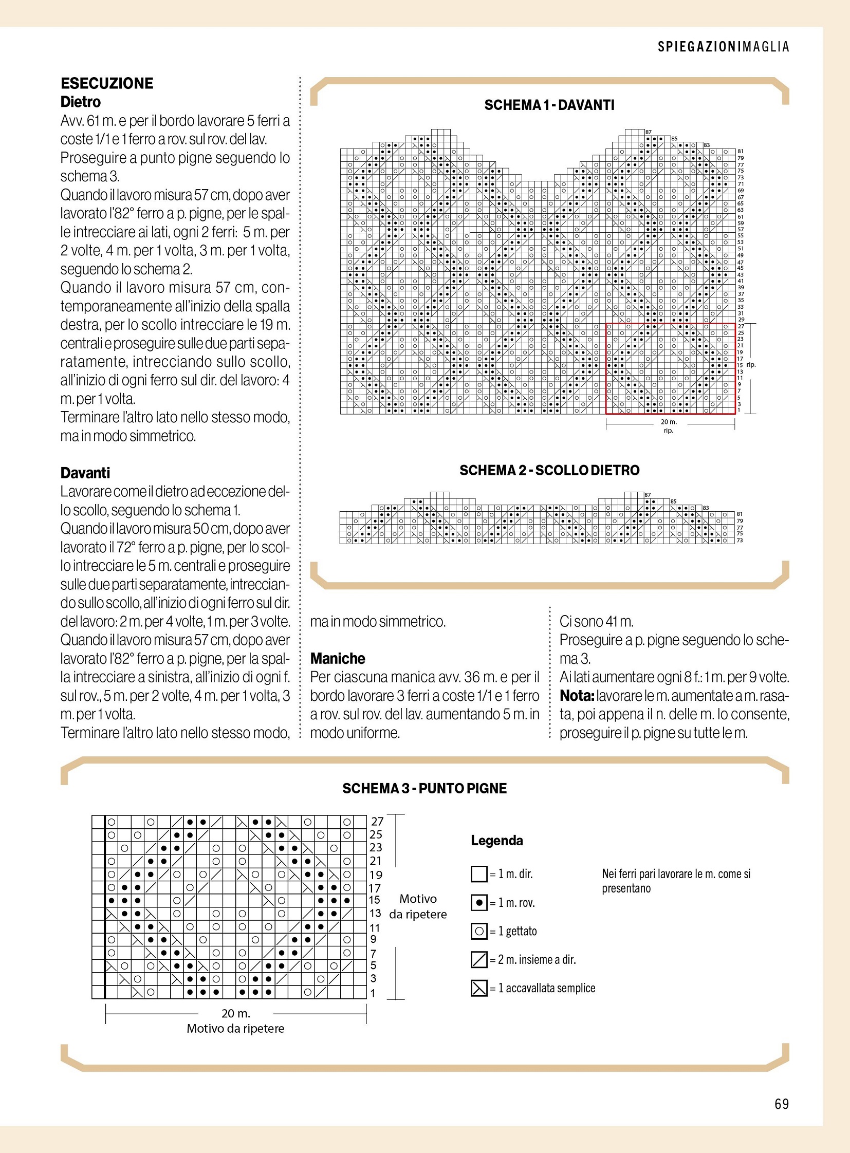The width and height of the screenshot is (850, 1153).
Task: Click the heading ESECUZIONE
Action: (107, 83)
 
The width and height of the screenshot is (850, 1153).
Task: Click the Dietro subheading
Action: (80, 102)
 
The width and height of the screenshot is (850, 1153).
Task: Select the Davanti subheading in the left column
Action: (85, 473)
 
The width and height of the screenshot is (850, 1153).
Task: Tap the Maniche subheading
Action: (338, 659)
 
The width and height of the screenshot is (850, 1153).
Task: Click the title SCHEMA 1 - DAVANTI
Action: (549, 105)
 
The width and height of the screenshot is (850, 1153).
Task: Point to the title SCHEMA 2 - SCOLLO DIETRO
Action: (549, 470)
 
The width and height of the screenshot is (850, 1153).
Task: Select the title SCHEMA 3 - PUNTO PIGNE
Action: (424, 789)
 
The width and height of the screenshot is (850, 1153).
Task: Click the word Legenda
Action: (496, 841)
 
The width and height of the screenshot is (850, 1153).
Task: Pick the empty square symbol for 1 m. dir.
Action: (479, 874)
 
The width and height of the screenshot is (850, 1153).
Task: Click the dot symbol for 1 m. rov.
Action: (479, 903)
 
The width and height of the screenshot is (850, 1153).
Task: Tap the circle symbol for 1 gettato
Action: (479, 931)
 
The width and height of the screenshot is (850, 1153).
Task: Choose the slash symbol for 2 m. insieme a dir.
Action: (479, 959)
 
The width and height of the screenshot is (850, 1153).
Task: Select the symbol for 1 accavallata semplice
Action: (479, 989)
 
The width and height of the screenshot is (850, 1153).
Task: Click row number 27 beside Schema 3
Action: (377, 822)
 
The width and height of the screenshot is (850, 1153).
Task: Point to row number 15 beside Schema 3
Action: (375, 900)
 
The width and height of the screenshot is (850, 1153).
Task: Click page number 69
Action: (781, 1104)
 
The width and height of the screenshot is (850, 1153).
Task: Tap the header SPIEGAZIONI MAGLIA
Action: (723, 47)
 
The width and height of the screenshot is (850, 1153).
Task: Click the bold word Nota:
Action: (577, 696)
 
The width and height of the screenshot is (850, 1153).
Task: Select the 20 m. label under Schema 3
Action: (236, 1014)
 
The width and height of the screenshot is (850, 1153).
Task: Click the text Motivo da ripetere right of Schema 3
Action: (418, 906)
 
